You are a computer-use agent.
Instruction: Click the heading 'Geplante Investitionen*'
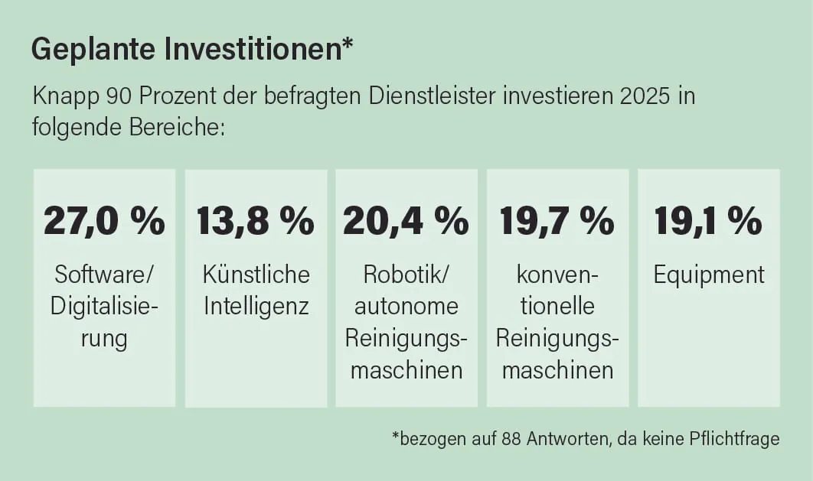(191, 50)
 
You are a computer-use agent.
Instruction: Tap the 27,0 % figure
(104, 221)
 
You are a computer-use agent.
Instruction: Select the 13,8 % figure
(256, 221)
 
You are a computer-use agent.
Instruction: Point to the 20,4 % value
(406, 221)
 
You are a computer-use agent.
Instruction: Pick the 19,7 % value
(557, 221)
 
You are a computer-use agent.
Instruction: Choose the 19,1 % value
(708, 221)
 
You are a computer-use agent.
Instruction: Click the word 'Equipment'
(709, 275)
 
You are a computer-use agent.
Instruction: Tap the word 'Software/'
(104, 275)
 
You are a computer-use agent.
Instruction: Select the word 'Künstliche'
(256, 275)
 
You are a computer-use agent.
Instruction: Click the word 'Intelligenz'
(256, 307)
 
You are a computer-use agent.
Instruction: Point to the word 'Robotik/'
(406, 275)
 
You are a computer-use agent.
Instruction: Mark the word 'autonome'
(406, 307)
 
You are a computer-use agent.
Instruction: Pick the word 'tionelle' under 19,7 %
(557, 307)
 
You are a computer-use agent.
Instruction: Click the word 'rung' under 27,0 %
(104, 339)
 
